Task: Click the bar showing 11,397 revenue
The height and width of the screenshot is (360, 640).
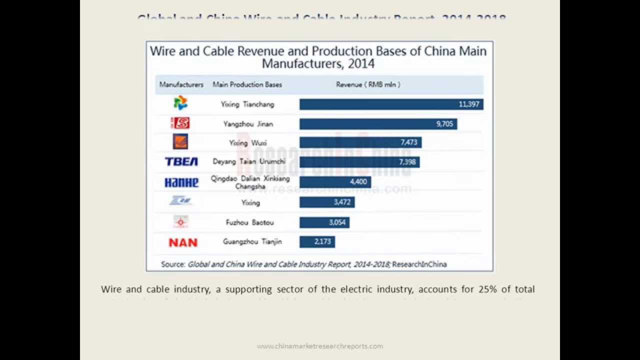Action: point(391,104)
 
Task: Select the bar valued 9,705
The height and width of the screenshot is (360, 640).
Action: point(378,123)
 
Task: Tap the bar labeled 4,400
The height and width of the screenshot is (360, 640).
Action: point(335,182)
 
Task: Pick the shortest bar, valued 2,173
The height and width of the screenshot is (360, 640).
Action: point(317,242)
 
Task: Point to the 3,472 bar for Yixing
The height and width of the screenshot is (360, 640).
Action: point(327,202)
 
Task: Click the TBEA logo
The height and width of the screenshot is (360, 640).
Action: point(181,161)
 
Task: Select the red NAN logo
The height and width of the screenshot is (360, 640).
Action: point(183,242)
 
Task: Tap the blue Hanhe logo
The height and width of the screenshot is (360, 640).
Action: point(181,182)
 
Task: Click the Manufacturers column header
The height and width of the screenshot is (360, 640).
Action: point(181,84)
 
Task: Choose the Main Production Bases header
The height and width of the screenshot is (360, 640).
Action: point(247,84)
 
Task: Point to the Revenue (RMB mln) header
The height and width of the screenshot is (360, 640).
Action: point(368,84)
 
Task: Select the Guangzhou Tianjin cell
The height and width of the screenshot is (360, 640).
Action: point(252,241)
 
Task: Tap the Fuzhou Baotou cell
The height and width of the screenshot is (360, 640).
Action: point(249,222)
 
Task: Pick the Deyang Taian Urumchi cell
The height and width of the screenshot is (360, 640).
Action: point(249,161)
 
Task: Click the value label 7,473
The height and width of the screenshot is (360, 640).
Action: point(408,142)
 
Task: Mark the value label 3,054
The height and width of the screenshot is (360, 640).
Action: point(337,222)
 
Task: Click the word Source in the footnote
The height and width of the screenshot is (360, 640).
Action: point(173,264)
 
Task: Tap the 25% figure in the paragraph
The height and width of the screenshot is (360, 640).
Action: point(486,289)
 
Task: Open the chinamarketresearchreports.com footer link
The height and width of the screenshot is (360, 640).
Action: point(320,346)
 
